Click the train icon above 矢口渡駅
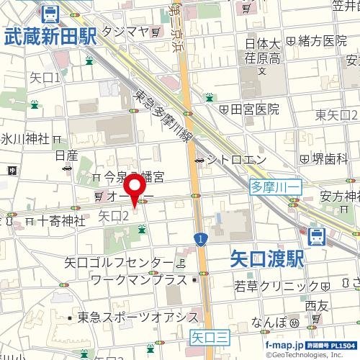pyautogui.click(x=315, y=235)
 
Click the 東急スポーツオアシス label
pyautogui.click(x=138, y=317)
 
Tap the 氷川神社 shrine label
pyautogui.click(x=25, y=138)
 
